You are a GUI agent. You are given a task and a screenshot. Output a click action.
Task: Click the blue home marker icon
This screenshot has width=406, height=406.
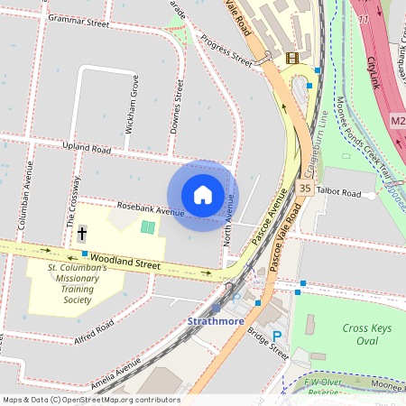click(203, 195)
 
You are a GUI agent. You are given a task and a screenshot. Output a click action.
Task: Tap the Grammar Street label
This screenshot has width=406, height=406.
click(78, 18)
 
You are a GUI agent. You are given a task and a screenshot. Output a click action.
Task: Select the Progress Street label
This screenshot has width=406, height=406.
click(226, 51)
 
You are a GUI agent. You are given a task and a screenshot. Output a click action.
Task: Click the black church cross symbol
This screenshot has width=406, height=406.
click(82, 234)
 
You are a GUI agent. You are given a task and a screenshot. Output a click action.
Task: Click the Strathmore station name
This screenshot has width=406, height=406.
click(217, 320)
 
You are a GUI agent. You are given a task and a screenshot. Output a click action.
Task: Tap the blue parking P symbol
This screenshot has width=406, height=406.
click(277, 336)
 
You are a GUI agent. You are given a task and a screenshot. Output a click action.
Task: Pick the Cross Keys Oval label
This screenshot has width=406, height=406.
click(367, 336)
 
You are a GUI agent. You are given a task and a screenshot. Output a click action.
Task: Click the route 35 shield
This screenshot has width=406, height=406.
click(305, 188)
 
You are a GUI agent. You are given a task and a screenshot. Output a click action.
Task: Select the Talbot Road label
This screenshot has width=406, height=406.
click(339, 194)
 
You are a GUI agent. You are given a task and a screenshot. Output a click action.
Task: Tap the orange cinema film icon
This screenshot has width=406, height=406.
click(291, 58)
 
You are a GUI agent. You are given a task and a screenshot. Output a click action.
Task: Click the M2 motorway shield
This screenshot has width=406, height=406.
click(399, 120)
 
